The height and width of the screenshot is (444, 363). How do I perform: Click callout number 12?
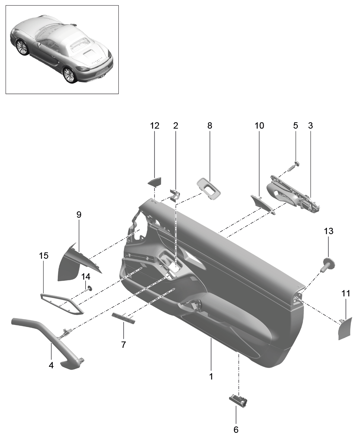(155, 125)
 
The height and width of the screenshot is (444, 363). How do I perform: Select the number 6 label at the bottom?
(236, 429)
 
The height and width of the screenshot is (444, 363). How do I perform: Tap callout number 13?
(328, 231)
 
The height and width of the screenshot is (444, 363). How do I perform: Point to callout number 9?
(79, 215)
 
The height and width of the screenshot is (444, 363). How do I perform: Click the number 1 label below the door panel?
(211, 377)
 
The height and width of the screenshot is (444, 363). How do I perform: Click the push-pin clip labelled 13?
(328, 265)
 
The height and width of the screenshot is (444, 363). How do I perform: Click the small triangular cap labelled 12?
(155, 182)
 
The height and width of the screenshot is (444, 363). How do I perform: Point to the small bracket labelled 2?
(175, 195)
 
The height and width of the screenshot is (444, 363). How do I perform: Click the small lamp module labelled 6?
(238, 400)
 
